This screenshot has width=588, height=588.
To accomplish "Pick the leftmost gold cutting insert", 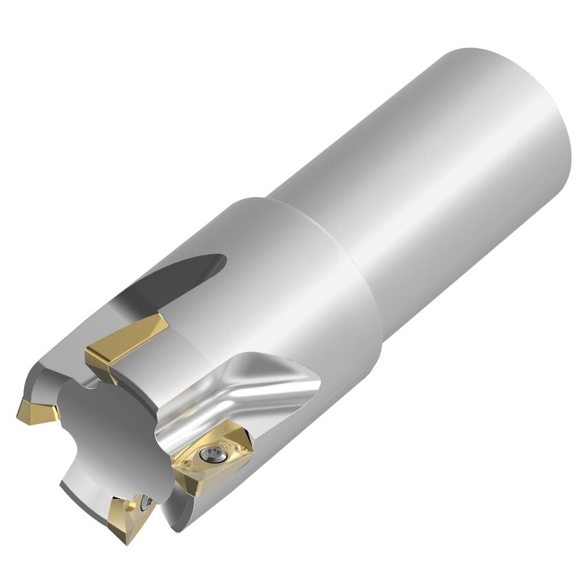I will point(39,411).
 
